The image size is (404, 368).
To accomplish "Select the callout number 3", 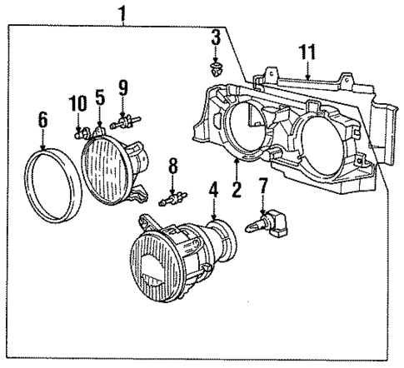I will (215, 37).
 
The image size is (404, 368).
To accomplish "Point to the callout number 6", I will (43, 121).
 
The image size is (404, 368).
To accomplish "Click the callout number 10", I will (78, 103).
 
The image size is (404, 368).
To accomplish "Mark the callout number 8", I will (173, 165).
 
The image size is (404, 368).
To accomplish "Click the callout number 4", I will (214, 190).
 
